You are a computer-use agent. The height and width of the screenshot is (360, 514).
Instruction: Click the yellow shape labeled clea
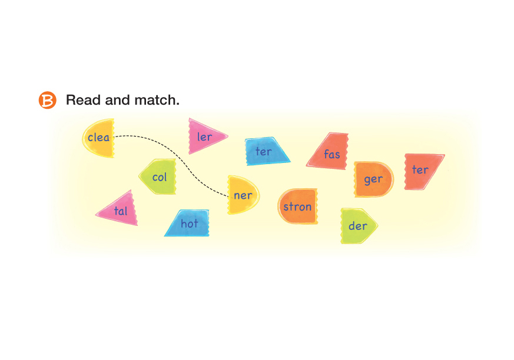coord(98,138)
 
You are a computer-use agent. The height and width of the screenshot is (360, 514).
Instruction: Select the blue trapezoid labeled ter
coord(266,152)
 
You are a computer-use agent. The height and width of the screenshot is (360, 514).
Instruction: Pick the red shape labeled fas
coord(330,153)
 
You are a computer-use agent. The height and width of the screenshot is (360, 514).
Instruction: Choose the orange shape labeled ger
coord(373,179)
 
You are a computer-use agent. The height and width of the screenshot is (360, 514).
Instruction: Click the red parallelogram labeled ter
coord(422,171)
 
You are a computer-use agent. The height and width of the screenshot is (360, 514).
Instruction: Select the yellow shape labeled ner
coord(242,195)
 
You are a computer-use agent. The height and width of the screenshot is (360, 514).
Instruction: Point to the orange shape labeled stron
coord(297,206)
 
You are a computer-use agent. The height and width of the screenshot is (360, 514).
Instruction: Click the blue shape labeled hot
coord(188,224)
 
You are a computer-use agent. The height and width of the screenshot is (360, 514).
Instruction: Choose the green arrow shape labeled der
coord(357,226)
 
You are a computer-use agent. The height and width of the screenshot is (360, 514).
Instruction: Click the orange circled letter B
coord(47,101)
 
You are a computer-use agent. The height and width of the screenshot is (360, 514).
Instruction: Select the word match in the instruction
coord(157,100)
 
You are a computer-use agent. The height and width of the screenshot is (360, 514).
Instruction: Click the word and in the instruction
coord(118,100)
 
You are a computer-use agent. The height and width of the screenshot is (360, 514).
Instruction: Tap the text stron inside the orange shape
coord(297,207)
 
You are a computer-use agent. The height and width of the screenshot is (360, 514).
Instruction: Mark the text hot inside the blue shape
coord(190,224)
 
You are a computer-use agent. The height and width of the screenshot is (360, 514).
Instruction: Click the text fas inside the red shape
coord(332,155)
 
